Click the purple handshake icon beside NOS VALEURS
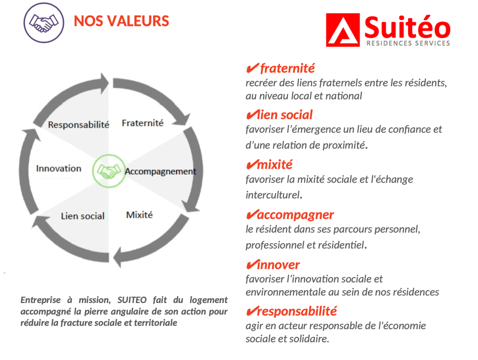tap(44, 23)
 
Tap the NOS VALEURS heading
tap(121, 21)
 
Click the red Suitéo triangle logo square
tap(343, 30)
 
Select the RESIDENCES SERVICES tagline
tap(408, 43)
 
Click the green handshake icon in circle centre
tap(109, 171)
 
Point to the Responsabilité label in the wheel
tap(78, 125)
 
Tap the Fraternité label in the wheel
tap(143, 123)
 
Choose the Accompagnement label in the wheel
tap(161, 172)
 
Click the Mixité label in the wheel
tap(139, 215)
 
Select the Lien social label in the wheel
tap(83, 216)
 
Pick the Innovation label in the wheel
tap(59, 169)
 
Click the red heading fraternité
tap(287, 68)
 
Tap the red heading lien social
tap(285, 115)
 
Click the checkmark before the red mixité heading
tap(252, 165)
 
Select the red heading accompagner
tap(295, 215)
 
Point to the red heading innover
tap(278, 265)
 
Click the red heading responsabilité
tap(297, 311)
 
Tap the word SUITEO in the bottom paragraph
tap(132, 300)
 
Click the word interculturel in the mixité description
tap(273, 195)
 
